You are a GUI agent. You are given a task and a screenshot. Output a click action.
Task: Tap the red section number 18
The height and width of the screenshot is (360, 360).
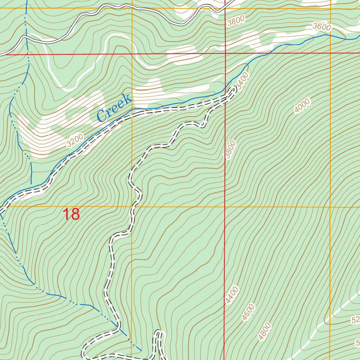pyautogui.click(x=71, y=214)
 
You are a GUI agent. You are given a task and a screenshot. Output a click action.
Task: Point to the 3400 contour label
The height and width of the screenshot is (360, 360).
pyautogui.click(x=243, y=82)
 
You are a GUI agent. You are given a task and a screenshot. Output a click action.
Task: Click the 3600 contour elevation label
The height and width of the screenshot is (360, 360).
pyautogui.click(x=322, y=27)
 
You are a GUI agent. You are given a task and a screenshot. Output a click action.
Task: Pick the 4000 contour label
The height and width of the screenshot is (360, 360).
pyautogui.click(x=303, y=106)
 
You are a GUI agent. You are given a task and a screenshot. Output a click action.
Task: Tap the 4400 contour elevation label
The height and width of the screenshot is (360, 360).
pyautogui.click(x=232, y=295)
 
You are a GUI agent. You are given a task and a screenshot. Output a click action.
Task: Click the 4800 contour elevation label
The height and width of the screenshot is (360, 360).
pyautogui.click(x=265, y=332)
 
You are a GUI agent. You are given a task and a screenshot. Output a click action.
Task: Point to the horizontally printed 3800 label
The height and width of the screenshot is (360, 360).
pyautogui.click(x=235, y=22)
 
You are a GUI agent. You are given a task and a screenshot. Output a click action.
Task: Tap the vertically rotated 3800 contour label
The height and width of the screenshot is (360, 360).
pyautogui.click(x=230, y=150)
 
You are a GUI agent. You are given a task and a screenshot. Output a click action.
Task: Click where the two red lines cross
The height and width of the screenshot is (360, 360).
pyautogui.click(x=225, y=54)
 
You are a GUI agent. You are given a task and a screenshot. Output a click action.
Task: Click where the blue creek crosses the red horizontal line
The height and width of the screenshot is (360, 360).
pyautogui.click(x=268, y=54)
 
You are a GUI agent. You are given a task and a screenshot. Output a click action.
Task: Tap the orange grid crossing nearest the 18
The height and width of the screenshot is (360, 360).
pyautogui.click(x=132, y=207)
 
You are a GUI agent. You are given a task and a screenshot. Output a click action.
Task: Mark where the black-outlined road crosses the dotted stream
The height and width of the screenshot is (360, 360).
pyautogui.click(x=26, y=37)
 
